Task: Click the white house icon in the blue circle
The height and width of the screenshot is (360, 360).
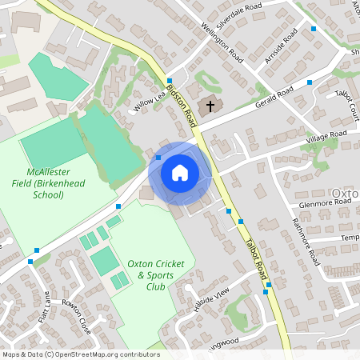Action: coord(180,172)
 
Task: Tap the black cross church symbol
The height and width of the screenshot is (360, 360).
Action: coord(211,106)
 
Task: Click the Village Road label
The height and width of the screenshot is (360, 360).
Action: coord(326,137)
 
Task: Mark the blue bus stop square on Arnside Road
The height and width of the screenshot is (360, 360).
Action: coord(314,29)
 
